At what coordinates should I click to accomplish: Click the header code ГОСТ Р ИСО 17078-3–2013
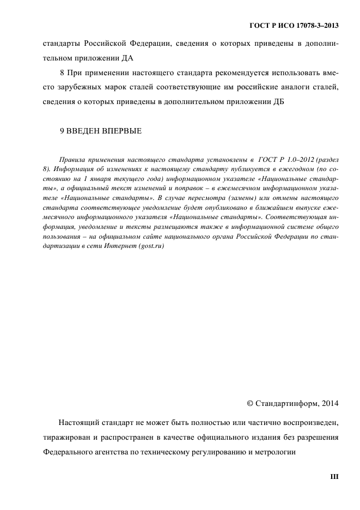click(x=294, y=25)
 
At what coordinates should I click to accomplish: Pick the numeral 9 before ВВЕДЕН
click(x=62, y=131)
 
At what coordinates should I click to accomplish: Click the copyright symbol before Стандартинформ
click(x=250, y=404)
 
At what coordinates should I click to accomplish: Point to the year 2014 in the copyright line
click(x=329, y=404)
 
